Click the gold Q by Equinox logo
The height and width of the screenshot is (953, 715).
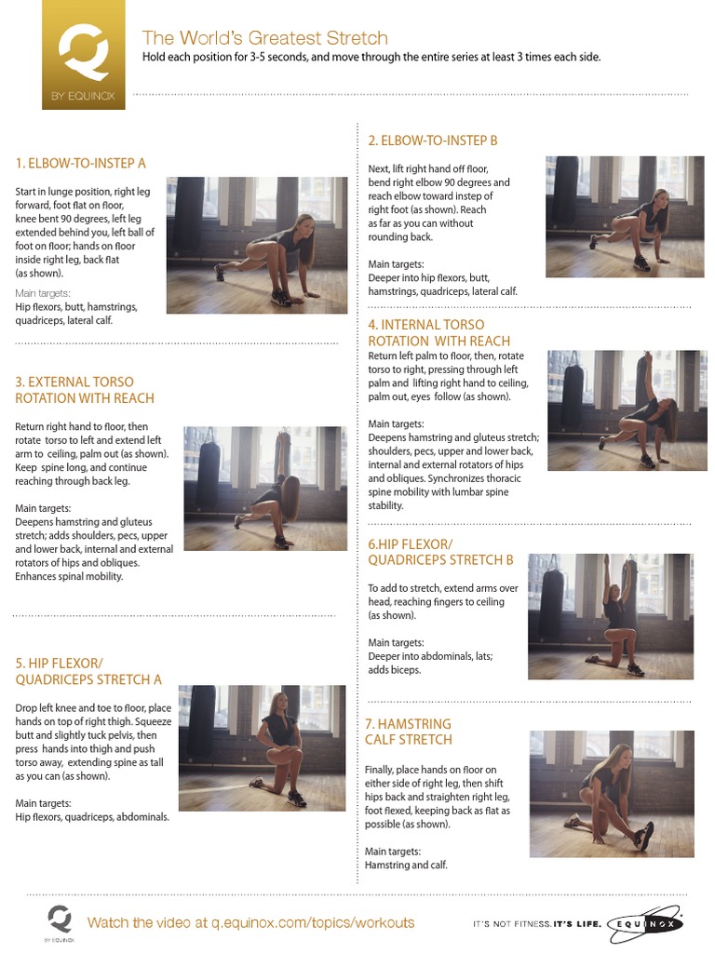[x=83, y=55]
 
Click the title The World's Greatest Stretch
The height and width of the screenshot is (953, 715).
[x=265, y=37]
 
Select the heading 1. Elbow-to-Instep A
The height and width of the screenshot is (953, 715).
[x=81, y=163]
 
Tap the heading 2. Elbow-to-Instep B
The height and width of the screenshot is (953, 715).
[x=433, y=141]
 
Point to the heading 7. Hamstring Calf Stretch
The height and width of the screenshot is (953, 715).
[x=409, y=732]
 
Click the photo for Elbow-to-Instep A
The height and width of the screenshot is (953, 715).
[x=257, y=245]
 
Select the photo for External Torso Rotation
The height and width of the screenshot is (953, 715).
[x=265, y=488]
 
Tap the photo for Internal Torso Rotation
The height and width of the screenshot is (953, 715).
[x=627, y=410]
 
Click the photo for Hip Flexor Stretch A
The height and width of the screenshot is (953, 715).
[x=262, y=747]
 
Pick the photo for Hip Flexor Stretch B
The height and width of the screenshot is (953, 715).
[x=611, y=616]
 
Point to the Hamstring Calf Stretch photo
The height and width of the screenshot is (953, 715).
[x=612, y=794]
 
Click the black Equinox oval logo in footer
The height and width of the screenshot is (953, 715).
[x=645, y=924]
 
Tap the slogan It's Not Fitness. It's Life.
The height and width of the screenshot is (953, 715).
[x=537, y=924]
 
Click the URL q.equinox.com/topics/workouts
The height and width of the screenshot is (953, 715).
[x=313, y=922]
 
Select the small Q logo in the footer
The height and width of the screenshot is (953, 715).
[x=60, y=920]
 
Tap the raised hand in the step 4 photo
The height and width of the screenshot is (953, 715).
[x=648, y=359]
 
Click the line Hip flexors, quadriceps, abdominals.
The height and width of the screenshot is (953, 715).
[x=92, y=817]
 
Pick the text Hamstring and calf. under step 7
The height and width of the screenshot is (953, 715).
[x=406, y=865]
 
